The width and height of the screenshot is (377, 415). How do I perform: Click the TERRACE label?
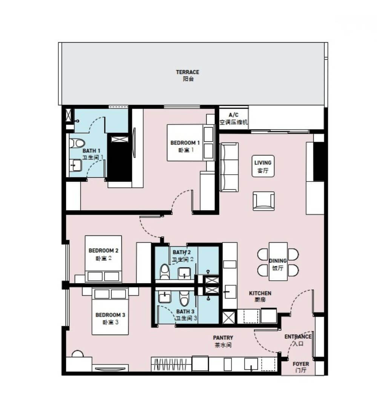pyautogui.click(x=188, y=75)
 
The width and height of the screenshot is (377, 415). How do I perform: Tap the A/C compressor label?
pyautogui.click(x=234, y=118)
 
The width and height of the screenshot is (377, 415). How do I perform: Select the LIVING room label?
pyautogui.click(x=263, y=166)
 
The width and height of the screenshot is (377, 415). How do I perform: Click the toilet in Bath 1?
pyautogui.click(x=77, y=143)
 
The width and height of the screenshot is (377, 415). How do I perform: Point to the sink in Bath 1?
pyautogui.click(x=76, y=165)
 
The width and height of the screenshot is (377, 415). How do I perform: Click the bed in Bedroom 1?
pyautogui.click(x=190, y=143)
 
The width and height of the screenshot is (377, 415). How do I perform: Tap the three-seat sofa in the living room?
pyautogui.click(x=229, y=167)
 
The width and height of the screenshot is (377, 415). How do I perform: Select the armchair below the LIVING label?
pyautogui.click(x=264, y=201)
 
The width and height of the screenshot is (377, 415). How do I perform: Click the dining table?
pyautogui.click(x=278, y=261)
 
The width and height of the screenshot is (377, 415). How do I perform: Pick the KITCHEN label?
pyautogui.click(x=260, y=296)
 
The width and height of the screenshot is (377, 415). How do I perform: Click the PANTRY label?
pyautogui.click(x=223, y=341)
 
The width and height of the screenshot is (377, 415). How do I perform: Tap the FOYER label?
pyautogui.click(x=301, y=367)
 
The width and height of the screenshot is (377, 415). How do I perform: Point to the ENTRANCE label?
pyautogui.click(x=298, y=340)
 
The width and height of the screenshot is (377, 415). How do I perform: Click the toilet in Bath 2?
pyautogui.click(x=164, y=271)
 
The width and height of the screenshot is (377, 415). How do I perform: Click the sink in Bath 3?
pyautogui.click(x=165, y=297)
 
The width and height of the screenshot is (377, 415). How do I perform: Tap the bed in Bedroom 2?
pyautogui.click(x=103, y=259)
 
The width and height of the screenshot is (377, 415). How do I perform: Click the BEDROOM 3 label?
pyautogui.click(x=110, y=318)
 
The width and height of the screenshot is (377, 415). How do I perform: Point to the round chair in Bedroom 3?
pyautogui.click(x=78, y=354)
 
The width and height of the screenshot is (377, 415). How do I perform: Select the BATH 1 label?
pyautogui.click(x=92, y=154)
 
